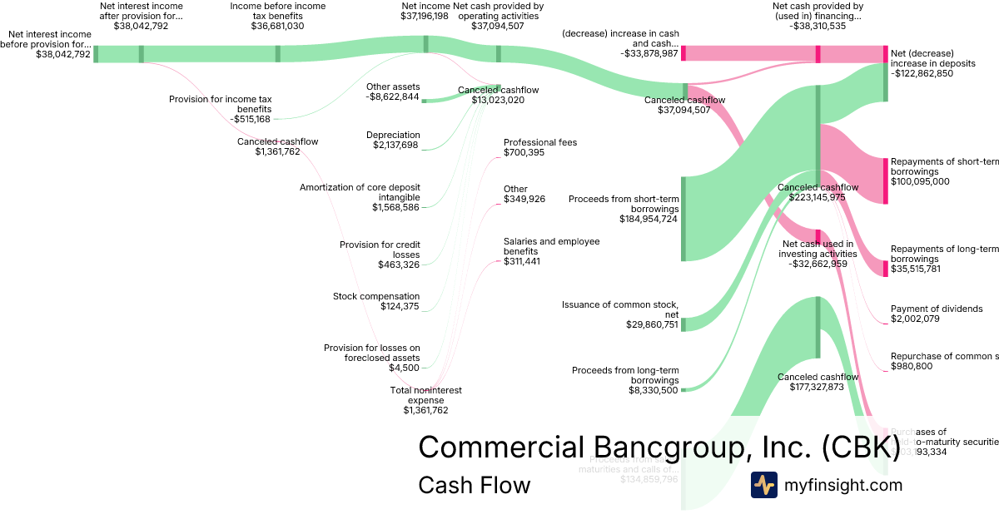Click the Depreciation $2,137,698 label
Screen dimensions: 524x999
[393, 141]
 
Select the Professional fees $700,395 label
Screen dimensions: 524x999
[540, 147]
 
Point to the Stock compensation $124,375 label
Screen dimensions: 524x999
[376, 301]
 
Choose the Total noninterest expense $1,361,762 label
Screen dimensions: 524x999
[425, 399]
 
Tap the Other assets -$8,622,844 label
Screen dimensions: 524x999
[393, 91]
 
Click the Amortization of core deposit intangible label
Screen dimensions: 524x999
[360, 197]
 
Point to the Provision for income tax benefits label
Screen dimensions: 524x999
[221, 109]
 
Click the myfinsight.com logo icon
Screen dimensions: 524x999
[763, 485]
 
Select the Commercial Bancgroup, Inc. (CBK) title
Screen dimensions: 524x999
[659, 447]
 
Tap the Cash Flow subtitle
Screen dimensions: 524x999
[474, 485]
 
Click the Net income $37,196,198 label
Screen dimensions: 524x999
[425, 11]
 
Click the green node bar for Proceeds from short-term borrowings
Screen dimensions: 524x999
[683, 219]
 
